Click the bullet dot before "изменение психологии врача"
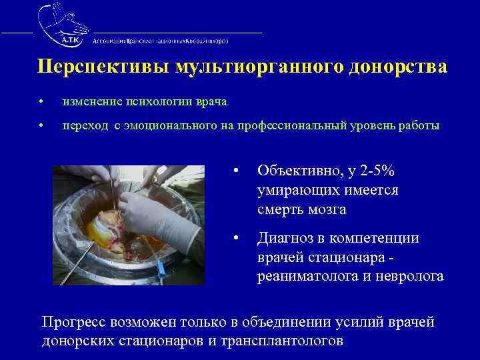(41, 102)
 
